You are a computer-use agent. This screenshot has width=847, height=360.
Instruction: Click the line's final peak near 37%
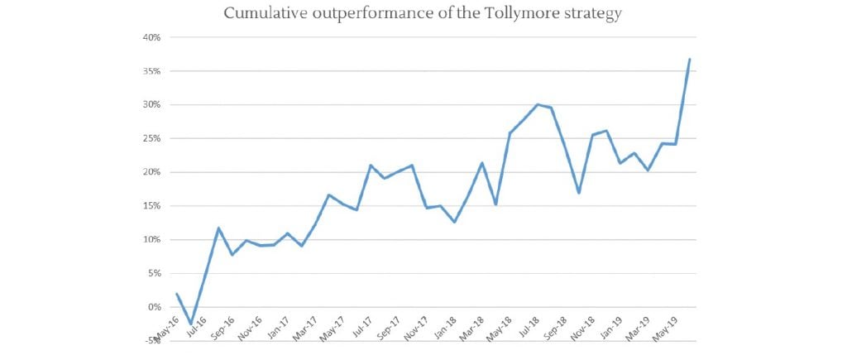(x=690, y=60)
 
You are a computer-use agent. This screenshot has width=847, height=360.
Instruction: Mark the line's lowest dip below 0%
(x=191, y=324)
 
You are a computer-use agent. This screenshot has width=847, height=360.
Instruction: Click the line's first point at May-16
(x=177, y=294)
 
